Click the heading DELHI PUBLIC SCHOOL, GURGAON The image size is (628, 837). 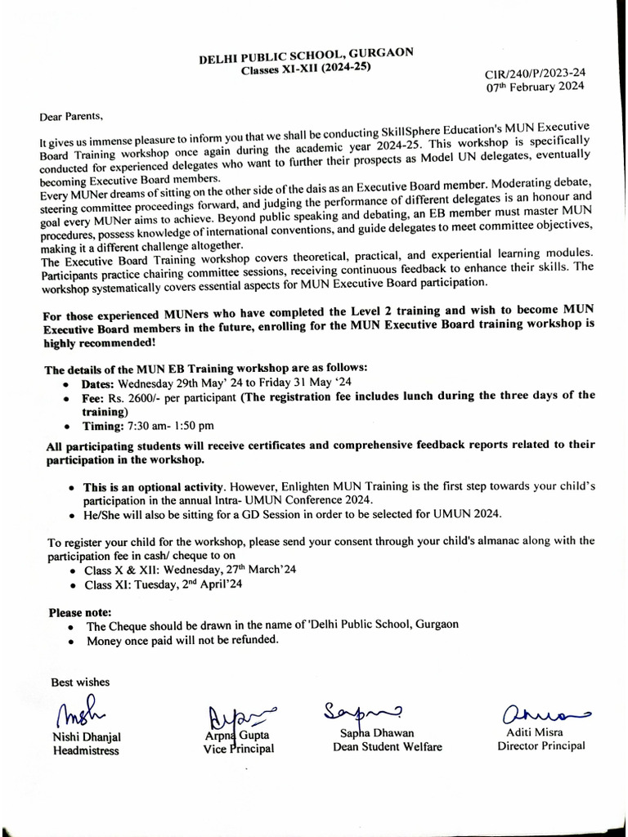(307, 56)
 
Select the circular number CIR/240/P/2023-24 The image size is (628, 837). (536, 73)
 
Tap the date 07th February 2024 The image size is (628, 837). (536, 86)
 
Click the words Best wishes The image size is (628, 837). (80, 682)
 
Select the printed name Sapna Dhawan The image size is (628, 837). (377, 733)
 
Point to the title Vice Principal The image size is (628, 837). (239, 748)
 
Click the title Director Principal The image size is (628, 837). (541, 745)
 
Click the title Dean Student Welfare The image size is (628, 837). (388, 746)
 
